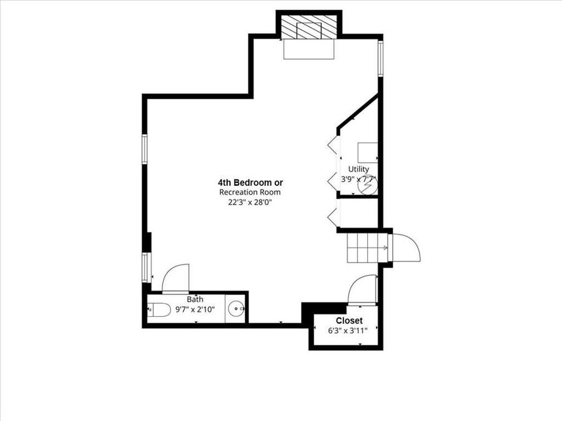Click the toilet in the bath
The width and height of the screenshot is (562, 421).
coord(159,309)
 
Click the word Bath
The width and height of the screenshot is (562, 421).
coord(195,299)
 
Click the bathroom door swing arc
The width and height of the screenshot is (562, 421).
coord(177,278)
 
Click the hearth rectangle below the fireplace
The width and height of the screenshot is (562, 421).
coord(309,50)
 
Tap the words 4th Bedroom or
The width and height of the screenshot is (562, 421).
coord(250,183)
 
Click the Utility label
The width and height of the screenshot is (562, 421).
coord(359,169)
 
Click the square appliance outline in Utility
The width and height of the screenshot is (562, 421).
coord(367,152)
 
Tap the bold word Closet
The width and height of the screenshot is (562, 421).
coord(349,321)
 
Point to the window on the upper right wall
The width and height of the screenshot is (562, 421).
coord(380,58)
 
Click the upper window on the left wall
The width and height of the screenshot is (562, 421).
coord(144,150)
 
